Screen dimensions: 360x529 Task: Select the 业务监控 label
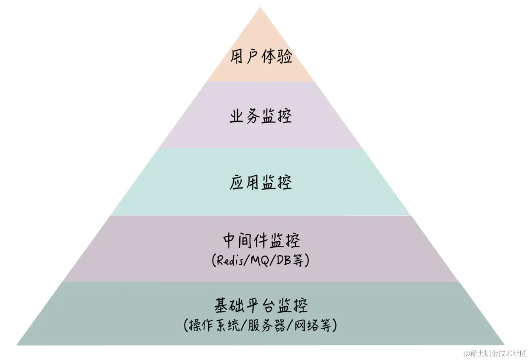tap(261, 117)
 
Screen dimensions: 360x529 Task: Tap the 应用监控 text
tap(261, 183)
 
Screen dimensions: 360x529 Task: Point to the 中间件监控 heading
tap(261, 241)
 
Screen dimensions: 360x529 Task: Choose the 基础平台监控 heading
tap(261, 306)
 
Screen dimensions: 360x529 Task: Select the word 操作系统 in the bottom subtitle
tap(214, 325)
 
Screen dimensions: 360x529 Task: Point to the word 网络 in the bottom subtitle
tap(305, 325)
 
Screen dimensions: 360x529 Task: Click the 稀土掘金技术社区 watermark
tap(495, 353)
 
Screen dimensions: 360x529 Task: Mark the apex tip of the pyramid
tap(260, 7)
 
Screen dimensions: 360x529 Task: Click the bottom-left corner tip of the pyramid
tap(17, 345)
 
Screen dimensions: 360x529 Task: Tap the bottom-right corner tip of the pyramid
tap(504, 345)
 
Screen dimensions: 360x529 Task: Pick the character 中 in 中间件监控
tap(230, 241)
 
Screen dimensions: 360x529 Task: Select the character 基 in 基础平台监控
tap(222, 306)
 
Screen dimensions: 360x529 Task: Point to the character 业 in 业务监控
tap(237, 117)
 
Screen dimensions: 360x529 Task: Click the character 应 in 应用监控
tap(237, 183)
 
